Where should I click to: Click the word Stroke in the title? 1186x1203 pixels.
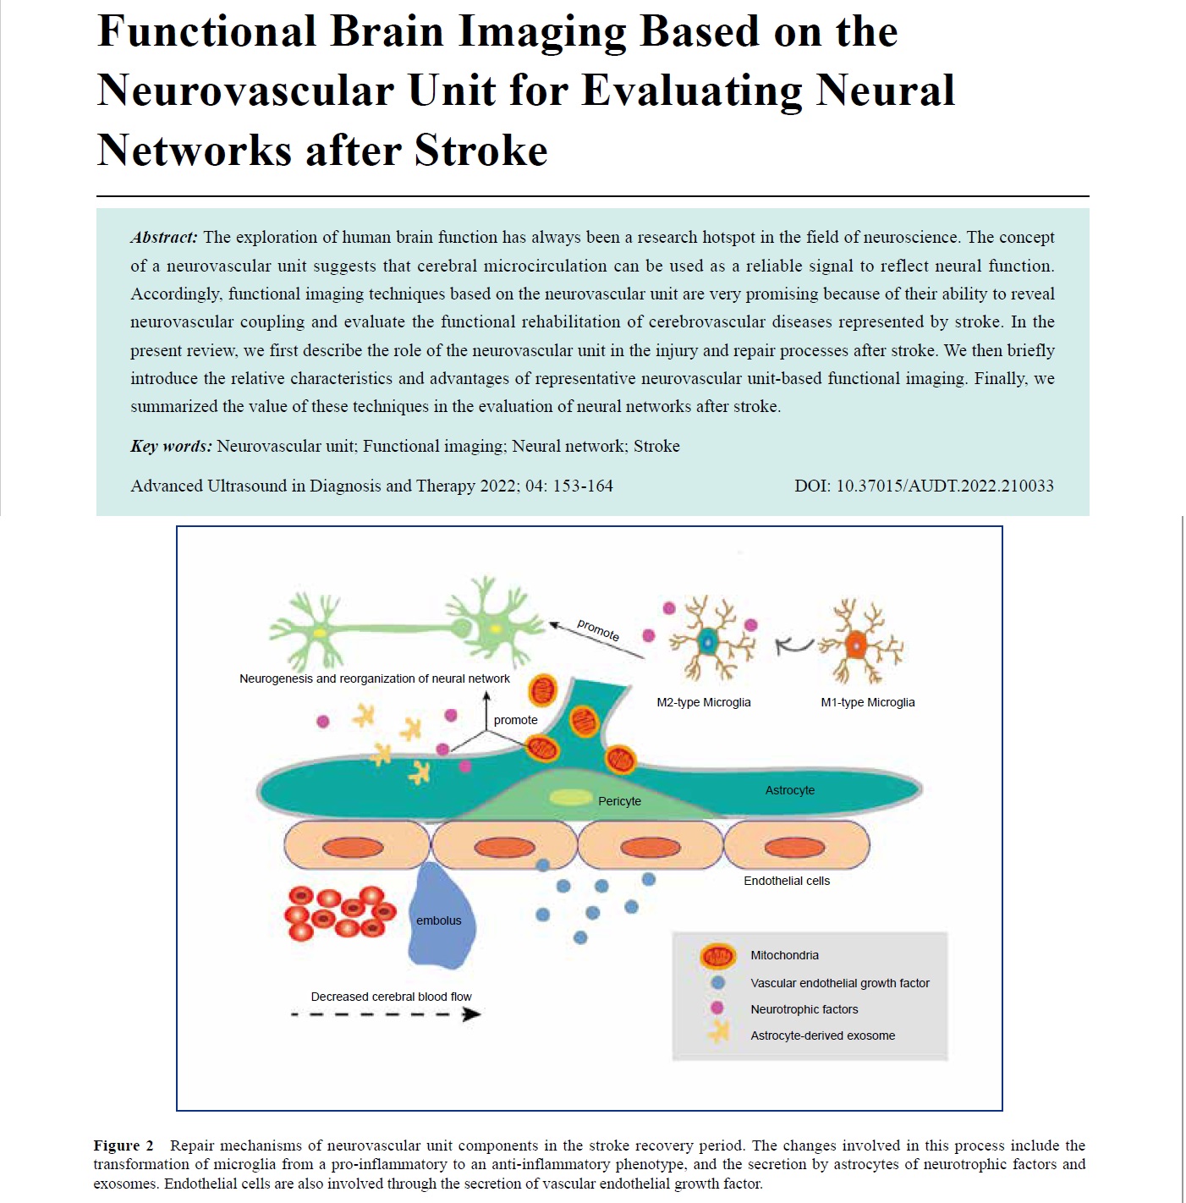click(480, 151)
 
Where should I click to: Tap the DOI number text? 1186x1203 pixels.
click(924, 486)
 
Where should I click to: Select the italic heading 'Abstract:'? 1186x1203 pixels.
click(163, 237)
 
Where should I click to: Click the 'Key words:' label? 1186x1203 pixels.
click(171, 446)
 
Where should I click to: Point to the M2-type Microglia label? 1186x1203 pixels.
click(703, 702)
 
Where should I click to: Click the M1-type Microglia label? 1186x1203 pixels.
click(867, 702)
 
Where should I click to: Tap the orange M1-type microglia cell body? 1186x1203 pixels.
click(855, 645)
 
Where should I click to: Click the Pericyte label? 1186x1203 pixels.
click(619, 801)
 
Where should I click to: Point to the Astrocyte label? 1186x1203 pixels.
click(790, 789)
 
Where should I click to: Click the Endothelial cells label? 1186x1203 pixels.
click(787, 881)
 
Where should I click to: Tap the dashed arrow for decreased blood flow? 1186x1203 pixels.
click(386, 1014)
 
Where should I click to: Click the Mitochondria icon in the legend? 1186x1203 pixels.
click(717, 956)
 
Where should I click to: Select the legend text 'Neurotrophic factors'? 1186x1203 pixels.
click(804, 1009)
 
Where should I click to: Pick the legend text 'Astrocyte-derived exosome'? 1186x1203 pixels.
click(822, 1035)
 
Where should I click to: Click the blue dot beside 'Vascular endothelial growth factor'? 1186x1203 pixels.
click(718, 983)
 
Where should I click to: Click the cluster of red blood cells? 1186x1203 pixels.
click(340, 913)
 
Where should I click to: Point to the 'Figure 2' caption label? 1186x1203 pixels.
click(123, 1145)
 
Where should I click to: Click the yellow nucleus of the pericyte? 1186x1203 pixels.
click(571, 797)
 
